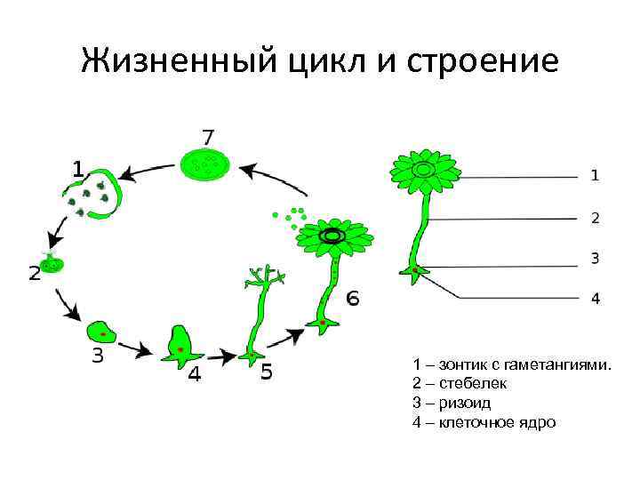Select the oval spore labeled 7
click(x=206, y=164)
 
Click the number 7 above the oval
click(x=207, y=137)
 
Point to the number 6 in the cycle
click(x=353, y=299)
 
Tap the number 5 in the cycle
click(x=267, y=373)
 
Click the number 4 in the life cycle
click(x=194, y=374)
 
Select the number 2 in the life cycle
click(x=34, y=273)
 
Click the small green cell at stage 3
click(x=102, y=334)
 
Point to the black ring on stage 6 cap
click(x=333, y=235)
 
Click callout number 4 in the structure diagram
click(x=595, y=299)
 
